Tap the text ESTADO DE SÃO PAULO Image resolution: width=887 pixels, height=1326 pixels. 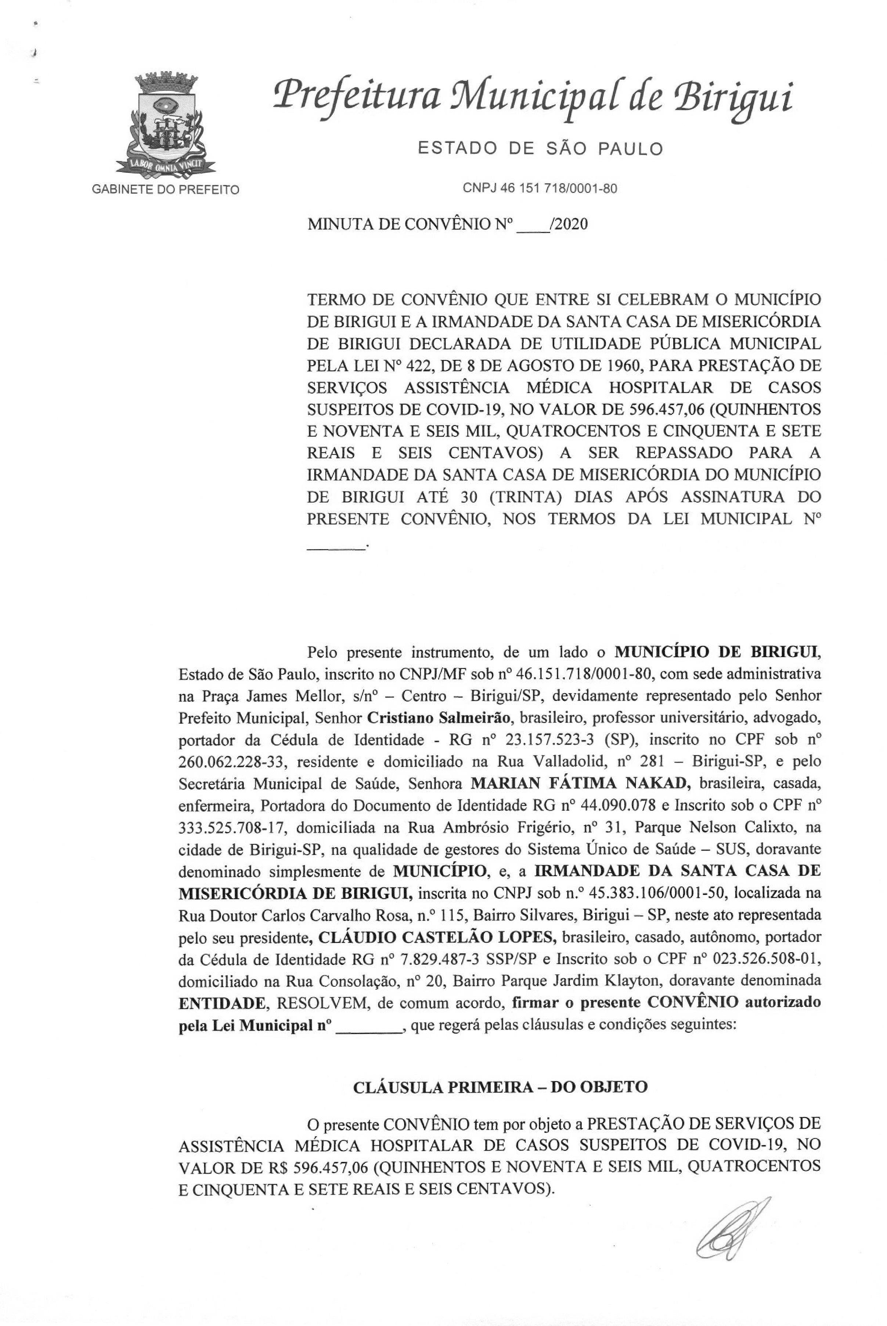(540, 149)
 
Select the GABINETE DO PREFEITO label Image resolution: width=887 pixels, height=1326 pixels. (165, 189)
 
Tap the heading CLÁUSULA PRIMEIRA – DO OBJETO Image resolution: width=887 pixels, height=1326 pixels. (500, 1087)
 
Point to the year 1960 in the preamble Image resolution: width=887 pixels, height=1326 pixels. (621, 366)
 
